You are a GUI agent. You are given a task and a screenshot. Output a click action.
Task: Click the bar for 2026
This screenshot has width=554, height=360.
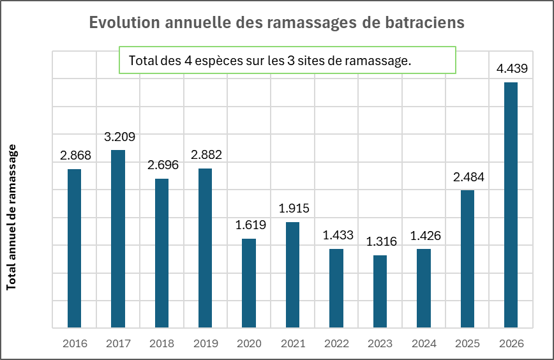click(511, 204)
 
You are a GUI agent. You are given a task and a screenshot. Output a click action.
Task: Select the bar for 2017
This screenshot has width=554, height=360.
click(118, 239)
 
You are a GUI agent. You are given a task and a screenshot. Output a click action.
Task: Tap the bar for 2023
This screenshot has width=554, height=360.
click(380, 291)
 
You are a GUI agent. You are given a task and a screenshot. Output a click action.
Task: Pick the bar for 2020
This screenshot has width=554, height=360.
click(249, 283)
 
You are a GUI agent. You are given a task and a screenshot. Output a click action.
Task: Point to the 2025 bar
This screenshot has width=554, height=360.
click(467, 259)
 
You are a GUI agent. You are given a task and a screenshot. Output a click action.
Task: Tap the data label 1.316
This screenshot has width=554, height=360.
click(380, 242)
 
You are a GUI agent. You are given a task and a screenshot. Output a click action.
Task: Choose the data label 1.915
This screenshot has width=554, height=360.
click(292, 208)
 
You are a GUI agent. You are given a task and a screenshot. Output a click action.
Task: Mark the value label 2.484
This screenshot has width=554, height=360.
click(467, 177)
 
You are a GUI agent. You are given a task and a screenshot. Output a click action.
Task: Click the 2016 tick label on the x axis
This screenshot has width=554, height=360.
click(75, 343)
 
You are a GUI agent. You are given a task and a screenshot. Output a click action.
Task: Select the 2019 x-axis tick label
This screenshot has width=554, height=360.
click(206, 343)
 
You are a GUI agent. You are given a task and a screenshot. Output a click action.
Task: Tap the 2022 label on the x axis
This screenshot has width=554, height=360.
click(336, 343)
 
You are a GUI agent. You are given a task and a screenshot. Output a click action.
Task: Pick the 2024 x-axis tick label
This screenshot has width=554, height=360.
click(424, 343)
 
